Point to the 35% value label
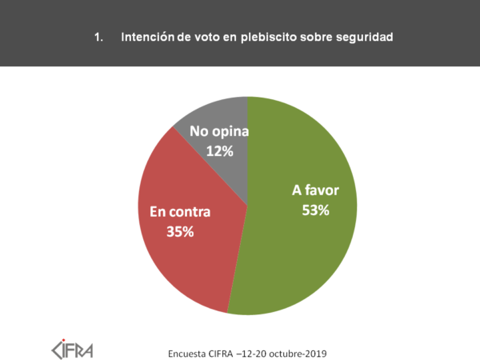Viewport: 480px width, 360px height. point(181,231)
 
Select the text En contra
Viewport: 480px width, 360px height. point(181,213)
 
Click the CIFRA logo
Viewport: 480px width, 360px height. point(73,349)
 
